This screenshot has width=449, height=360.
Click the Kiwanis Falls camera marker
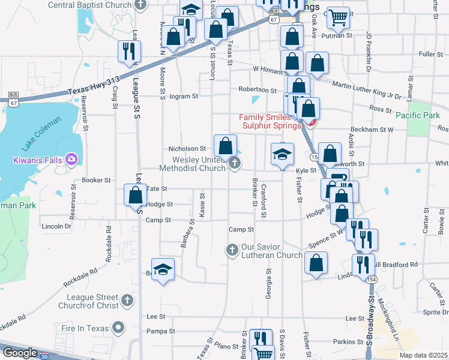click(71, 159)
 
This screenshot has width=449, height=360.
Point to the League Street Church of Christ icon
click(126, 299)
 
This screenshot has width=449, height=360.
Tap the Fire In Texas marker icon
click(118, 328)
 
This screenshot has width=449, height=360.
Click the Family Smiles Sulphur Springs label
click(270, 121)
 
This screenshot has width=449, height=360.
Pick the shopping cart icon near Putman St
click(338, 17)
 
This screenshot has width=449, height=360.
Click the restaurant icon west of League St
click(129, 52)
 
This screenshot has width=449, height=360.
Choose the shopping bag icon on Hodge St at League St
click(136, 196)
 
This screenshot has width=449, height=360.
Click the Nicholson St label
click(187, 149)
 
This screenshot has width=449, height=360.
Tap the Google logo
click(20, 353)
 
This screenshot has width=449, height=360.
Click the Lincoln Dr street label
click(56, 226)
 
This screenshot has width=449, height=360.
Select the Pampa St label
click(160, 331)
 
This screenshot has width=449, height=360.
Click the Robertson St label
click(257, 90)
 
